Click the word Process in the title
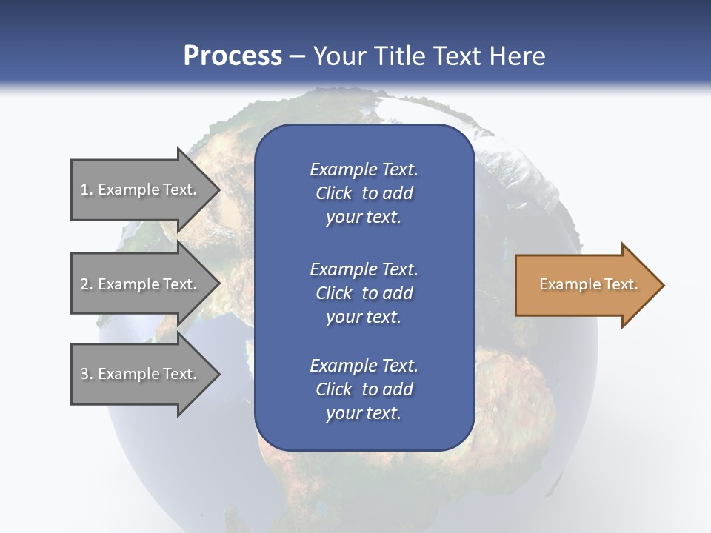233,56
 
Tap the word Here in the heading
518,56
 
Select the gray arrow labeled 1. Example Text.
141,190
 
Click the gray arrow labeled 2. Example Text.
141,284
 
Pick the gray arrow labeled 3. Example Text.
141,374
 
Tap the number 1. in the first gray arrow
87,190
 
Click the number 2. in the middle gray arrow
87,284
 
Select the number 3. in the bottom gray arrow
87,374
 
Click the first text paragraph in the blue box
364,193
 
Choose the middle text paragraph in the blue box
364,292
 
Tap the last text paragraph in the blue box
364,389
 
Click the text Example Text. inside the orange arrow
588,284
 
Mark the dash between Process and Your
297,56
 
